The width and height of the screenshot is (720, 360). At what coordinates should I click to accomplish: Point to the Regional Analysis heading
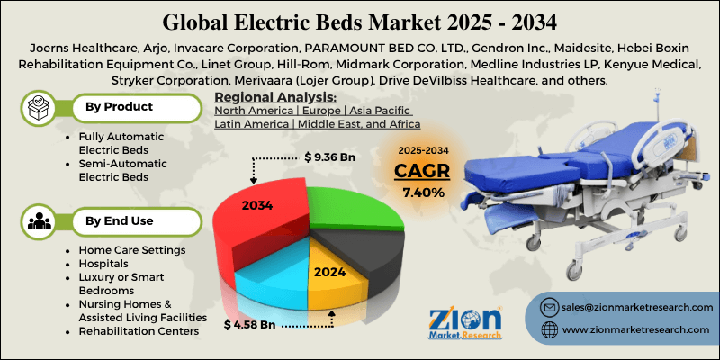tap(276, 97)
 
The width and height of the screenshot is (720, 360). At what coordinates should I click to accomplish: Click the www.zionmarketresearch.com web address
tap(636, 331)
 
